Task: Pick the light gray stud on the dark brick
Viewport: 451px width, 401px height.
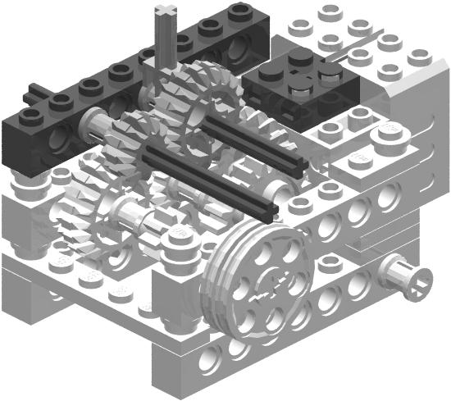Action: (x=330, y=74)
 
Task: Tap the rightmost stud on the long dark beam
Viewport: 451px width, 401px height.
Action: (x=239, y=11)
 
